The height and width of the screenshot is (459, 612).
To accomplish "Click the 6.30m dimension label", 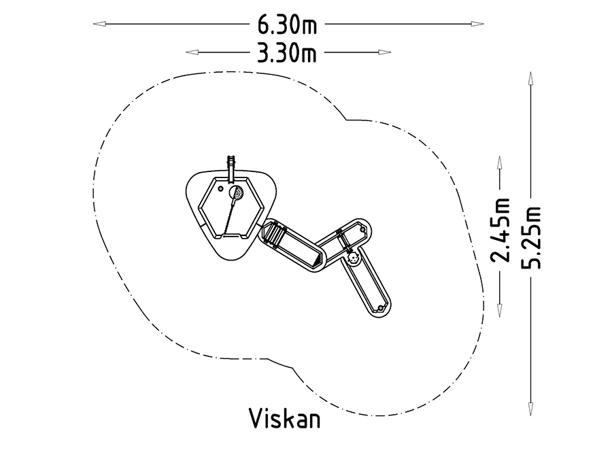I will pyautogui.click(x=287, y=24).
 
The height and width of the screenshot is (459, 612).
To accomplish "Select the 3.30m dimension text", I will pyautogui.click(x=287, y=52).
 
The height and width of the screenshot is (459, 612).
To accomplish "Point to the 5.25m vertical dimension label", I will pyautogui.click(x=531, y=237).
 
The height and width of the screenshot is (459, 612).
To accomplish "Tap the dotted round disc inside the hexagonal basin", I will pyautogui.click(x=237, y=194).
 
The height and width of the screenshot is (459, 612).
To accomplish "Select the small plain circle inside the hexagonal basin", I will pyautogui.click(x=220, y=188).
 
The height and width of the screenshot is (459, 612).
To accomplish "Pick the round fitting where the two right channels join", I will pyautogui.click(x=353, y=259).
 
